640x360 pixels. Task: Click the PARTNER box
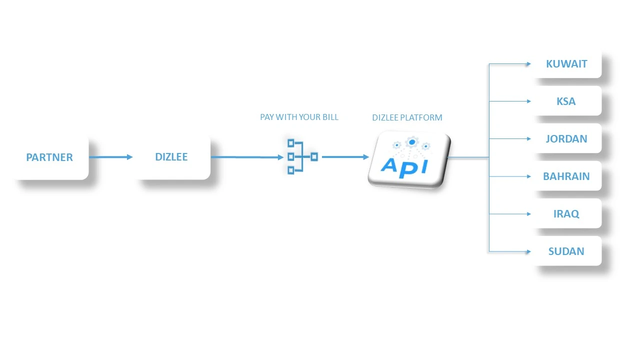[x=49, y=157]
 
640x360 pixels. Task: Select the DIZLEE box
[x=171, y=156]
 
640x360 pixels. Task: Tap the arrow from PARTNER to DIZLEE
[x=111, y=157]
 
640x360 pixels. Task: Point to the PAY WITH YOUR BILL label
[x=299, y=117]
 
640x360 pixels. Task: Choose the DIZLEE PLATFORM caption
[x=407, y=117]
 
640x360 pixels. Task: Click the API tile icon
[x=408, y=159]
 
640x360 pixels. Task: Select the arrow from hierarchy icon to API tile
[x=345, y=157]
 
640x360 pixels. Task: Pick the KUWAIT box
[x=566, y=63]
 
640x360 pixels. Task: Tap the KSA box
[x=566, y=101]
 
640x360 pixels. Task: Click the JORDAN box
[x=566, y=138]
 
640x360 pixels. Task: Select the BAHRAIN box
[x=566, y=176]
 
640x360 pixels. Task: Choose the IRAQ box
[x=566, y=213]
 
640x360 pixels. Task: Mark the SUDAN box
[x=566, y=251]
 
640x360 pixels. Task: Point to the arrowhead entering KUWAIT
[x=528, y=64]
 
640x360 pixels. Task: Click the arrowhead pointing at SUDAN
[x=528, y=251]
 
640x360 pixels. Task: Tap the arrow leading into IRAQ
[x=510, y=214]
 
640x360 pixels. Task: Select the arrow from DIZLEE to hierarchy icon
[x=247, y=157]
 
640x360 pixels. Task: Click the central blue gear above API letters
[x=411, y=142]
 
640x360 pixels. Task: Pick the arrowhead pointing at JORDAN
[x=528, y=139]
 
